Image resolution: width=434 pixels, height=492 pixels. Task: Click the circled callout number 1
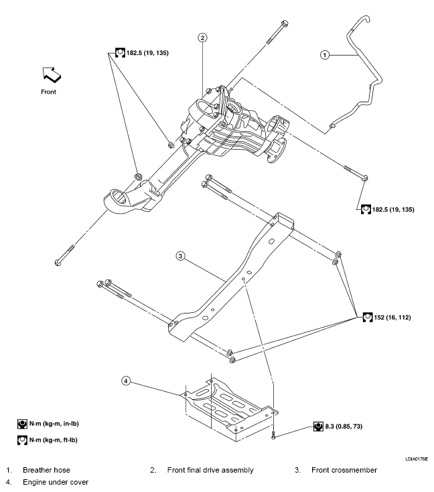tap(325, 55)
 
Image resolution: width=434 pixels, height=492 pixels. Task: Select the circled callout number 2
tap(202, 37)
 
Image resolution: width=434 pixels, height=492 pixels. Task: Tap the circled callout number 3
tap(180, 255)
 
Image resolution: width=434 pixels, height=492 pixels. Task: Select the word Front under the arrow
tap(49, 92)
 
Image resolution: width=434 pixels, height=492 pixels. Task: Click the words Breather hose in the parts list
tap(46, 470)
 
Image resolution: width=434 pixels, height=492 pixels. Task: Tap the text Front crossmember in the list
tap(344, 470)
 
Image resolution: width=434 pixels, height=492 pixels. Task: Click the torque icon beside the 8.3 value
tap(318, 425)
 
